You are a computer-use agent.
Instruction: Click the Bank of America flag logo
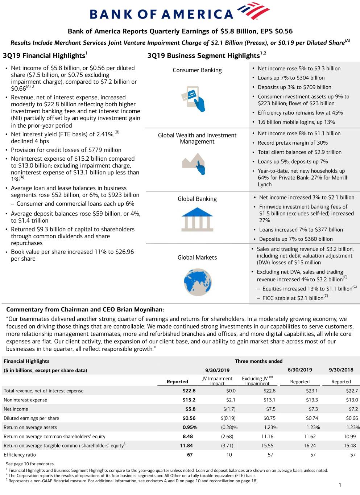pyautogui.click(x=253, y=11)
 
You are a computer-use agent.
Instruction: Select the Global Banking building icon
pyautogui.click(x=197, y=219)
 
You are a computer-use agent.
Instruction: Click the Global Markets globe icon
pyautogui.click(x=198, y=282)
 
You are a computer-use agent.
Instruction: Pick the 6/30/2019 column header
pyautogui.click(x=300, y=370)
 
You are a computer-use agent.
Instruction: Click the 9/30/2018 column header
pyautogui.click(x=341, y=370)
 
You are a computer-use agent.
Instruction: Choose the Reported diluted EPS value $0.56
pyautogui.click(x=189, y=418)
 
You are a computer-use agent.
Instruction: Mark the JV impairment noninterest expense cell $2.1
pyautogui.click(x=231, y=400)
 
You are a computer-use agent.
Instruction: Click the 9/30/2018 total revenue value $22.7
pyautogui.click(x=352, y=391)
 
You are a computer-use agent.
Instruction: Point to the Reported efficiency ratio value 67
pyautogui.click(x=190, y=455)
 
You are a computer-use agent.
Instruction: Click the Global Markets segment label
pyautogui.click(x=197, y=257)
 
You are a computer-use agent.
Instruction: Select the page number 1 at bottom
pyautogui.click(x=340, y=485)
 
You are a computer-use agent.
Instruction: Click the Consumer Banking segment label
pyautogui.click(x=197, y=70)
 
